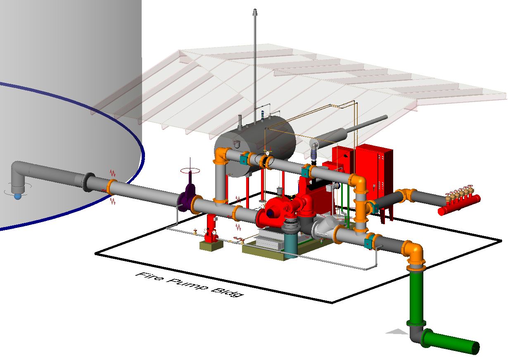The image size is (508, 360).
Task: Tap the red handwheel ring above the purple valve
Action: pos(190,170)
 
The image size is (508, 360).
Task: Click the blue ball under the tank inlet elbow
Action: pos(17,196)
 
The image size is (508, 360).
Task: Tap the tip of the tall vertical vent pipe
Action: pos(256,12)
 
